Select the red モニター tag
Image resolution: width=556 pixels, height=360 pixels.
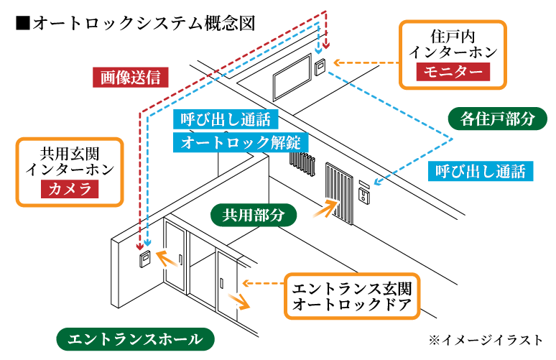click(453, 71)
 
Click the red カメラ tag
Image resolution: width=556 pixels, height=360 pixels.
click(69, 190)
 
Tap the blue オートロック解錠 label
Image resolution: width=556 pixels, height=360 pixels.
click(241, 142)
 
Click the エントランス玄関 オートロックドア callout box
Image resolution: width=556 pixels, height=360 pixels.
click(351, 297)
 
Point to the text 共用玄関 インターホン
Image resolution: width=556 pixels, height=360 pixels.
click(69, 161)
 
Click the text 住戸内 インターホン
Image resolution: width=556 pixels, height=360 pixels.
click(453, 43)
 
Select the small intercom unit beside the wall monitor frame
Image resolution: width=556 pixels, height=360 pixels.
click(320, 67)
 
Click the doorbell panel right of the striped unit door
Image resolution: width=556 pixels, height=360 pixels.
click(364, 192)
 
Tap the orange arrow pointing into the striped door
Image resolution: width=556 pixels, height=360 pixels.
click(325, 209)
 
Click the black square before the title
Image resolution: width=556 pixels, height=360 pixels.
click(21, 23)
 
